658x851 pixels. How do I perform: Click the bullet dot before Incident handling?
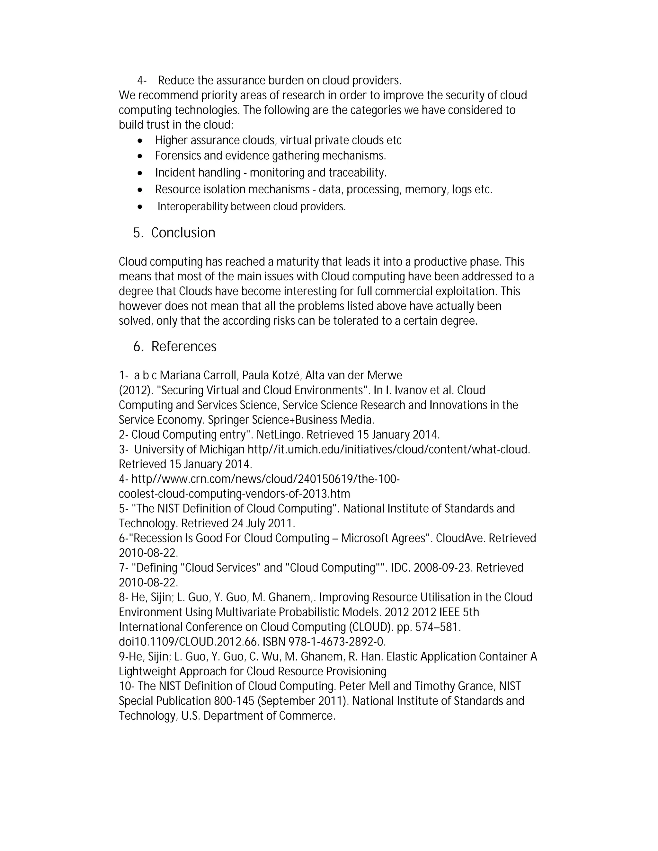[140, 173]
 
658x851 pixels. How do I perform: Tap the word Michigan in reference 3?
[222, 449]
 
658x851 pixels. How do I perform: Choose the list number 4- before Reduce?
[142, 81]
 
